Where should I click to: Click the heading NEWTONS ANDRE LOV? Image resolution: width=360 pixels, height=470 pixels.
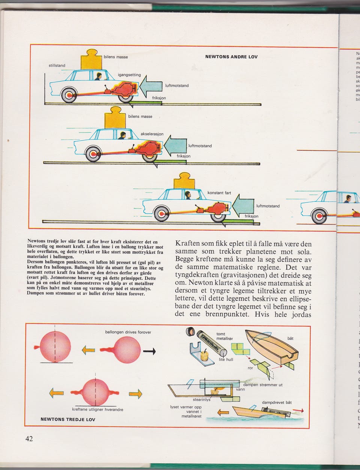coord(231,57)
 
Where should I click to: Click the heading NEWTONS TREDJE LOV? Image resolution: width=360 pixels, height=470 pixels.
coord(67,419)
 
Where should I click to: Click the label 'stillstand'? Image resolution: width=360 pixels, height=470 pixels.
coord(57,66)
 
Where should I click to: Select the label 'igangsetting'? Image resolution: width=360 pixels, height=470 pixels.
coord(129,75)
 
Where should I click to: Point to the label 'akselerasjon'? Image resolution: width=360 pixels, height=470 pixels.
coord(152,134)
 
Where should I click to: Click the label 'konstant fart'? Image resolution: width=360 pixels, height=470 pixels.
coord(219,193)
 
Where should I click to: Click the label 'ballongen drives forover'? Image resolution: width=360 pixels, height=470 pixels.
coord(128,332)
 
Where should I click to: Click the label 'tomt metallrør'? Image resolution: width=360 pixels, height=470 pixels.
coord(225,336)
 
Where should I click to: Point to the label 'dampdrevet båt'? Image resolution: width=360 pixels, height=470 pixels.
coord(277,402)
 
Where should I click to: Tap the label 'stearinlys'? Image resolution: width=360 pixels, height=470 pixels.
coord(201,400)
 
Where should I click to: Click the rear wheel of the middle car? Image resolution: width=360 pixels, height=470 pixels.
coord(92,154)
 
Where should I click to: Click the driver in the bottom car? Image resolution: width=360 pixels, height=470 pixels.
coord(188,195)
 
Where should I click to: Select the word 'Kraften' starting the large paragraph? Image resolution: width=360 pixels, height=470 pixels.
coord(187,243)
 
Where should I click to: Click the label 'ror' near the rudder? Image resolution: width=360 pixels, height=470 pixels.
coord(250,368)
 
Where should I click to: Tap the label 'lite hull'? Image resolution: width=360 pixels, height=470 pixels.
coord(226,359)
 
